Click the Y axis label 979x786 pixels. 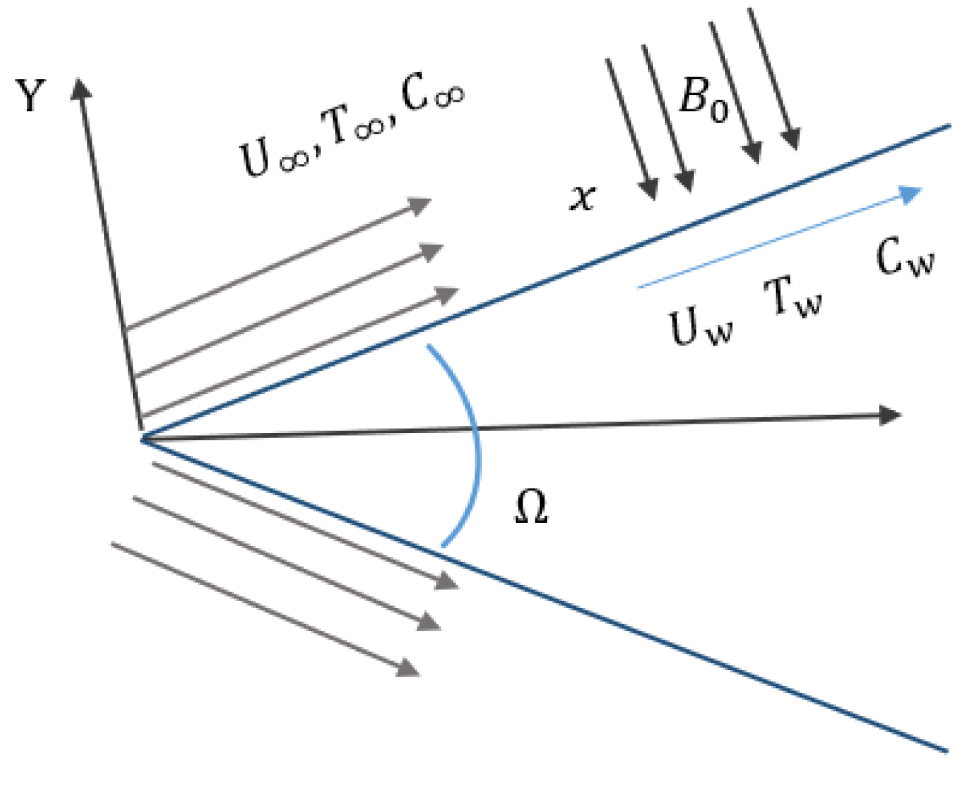(x=30, y=95)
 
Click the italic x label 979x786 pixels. (x=583, y=198)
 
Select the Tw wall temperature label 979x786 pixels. (x=793, y=297)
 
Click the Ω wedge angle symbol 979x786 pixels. (x=531, y=507)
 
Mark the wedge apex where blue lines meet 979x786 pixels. (x=142, y=439)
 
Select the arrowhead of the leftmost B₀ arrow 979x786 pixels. (x=650, y=190)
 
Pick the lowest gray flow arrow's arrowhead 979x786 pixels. (x=408, y=667)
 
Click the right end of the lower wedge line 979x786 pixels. (x=947, y=750)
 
